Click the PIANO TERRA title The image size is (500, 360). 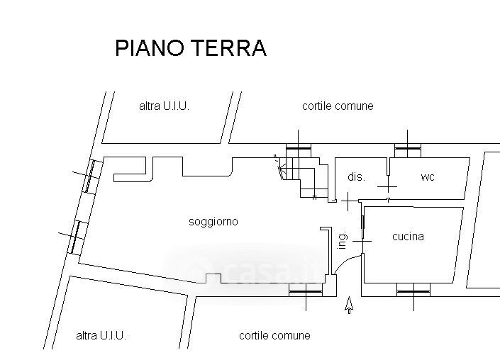(x=191, y=48)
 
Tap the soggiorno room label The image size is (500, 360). (x=213, y=222)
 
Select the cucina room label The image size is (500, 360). (x=409, y=236)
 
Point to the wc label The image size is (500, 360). (x=428, y=177)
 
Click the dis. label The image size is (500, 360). (x=356, y=176)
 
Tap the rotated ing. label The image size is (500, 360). (x=342, y=240)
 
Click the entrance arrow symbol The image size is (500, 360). (x=349, y=305)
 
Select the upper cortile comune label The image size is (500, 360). (x=338, y=106)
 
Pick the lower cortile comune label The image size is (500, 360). (x=274, y=335)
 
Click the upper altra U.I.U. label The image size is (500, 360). (x=165, y=106)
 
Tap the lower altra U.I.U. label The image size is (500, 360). (x=101, y=335)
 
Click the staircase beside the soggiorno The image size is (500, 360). (x=303, y=177)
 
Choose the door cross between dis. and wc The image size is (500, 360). (x=388, y=186)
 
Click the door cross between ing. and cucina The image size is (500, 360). (x=362, y=241)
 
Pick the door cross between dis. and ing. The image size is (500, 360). (x=348, y=201)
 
